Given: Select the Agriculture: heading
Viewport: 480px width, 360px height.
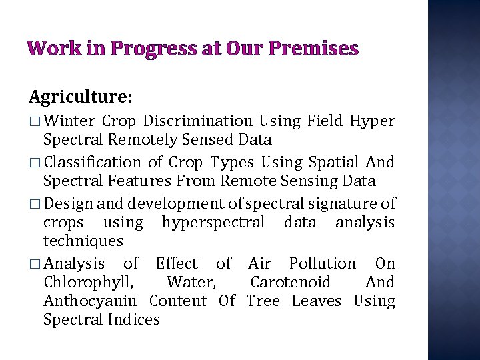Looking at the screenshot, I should pos(81,97).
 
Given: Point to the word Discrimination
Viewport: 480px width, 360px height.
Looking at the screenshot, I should pos(198,121).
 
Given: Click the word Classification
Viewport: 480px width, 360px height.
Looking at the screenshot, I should pos(92,162).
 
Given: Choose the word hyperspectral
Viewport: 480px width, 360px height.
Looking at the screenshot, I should pos(213,222).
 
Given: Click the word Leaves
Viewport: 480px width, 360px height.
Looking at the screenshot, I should pos(316,301).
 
